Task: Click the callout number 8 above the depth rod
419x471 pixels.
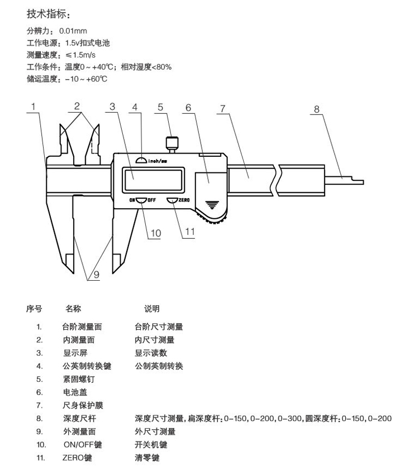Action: [316, 109]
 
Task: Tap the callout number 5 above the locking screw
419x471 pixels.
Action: [160, 107]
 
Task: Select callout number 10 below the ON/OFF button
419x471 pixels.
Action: [156, 233]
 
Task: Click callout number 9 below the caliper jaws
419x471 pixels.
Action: [96, 275]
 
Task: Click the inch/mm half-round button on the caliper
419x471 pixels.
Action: [141, 160]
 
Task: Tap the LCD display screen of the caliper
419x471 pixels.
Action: [154, 180]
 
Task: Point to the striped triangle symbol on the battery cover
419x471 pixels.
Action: [212, 205]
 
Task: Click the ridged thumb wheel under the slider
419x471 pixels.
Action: [212, 217]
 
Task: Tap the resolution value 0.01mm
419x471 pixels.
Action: [73, 31]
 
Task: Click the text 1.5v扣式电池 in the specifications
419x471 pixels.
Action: [88, 43]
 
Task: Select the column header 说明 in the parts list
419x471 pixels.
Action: [151, 309]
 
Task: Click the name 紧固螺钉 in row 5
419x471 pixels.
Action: [79, 379]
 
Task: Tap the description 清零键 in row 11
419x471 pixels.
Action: [147, 458]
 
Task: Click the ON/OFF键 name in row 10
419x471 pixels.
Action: [83, 445]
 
